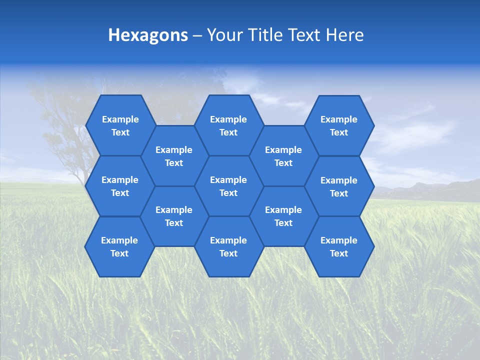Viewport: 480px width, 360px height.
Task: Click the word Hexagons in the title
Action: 148,35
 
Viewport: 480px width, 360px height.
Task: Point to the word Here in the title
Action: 344,35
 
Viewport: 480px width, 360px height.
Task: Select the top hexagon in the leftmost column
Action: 120,125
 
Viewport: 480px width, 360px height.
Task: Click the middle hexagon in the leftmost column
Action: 120,186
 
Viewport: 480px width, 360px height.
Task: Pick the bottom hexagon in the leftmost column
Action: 119,246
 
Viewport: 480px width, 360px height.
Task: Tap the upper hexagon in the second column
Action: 174,156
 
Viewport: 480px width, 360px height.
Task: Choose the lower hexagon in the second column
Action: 174,216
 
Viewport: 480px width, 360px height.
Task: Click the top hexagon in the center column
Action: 228,125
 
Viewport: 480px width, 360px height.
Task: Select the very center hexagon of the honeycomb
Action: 228,186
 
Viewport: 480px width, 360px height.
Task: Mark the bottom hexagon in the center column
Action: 228,246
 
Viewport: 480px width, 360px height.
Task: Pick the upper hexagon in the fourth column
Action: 283,156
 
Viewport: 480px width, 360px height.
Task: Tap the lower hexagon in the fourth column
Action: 283,216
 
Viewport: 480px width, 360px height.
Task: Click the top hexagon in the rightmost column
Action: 339,125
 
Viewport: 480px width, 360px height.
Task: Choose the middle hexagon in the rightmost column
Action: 339,186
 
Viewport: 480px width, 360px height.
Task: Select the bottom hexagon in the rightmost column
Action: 339,246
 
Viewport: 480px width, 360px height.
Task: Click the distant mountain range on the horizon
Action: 430,189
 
